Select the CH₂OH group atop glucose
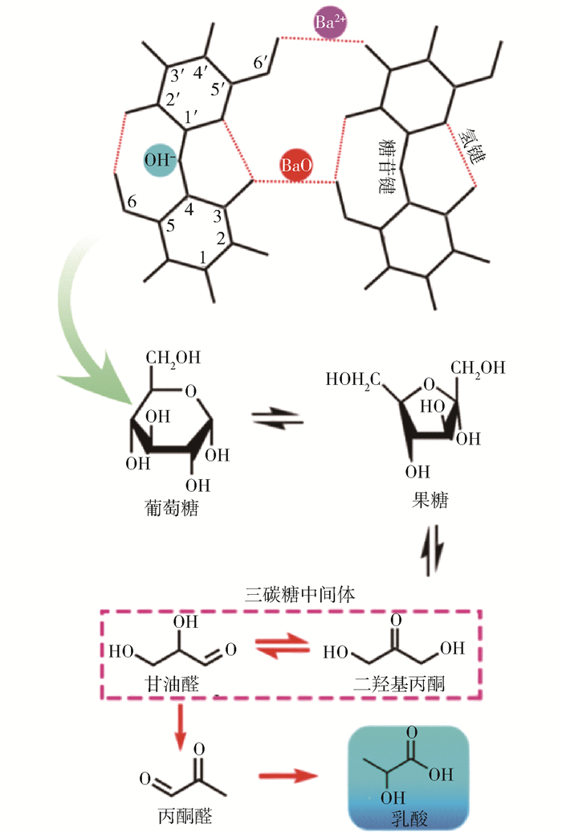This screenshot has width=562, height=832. [169, 356]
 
